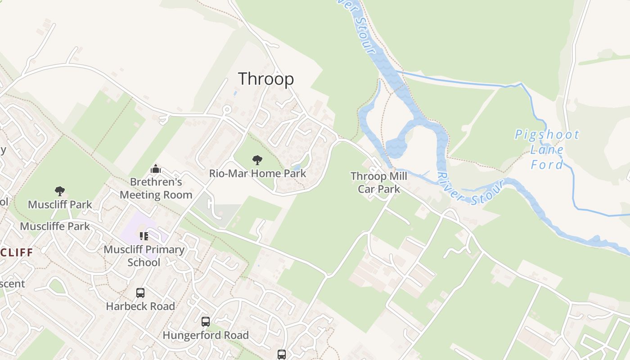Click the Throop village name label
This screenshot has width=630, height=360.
coord(265,79)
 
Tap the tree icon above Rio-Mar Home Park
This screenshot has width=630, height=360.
coord(257,160)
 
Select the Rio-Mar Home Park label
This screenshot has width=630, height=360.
coord(257,173)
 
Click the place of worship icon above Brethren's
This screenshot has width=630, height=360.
coord(156,169)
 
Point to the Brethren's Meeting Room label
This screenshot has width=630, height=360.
coord(156,189)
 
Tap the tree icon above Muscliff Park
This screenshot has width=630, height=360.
coord(59,191)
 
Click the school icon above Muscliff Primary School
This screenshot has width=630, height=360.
coord(144,236)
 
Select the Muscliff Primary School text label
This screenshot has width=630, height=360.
coord(144,256)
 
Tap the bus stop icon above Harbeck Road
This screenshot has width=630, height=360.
coord(140,293)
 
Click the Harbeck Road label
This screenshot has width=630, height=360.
coord(140,306)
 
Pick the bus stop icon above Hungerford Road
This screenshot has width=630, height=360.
coord(206,322)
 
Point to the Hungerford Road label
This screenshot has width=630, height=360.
coord(206,335)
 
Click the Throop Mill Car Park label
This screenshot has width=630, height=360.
coord(379,183)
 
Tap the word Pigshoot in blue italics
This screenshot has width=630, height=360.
coord(547,135)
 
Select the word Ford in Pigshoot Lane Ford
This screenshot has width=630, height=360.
coord(547,165)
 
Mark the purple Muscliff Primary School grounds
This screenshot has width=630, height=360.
coord(135,225)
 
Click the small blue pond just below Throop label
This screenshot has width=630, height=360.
coord(235,93)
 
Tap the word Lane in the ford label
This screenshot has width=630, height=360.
coord(547,150)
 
